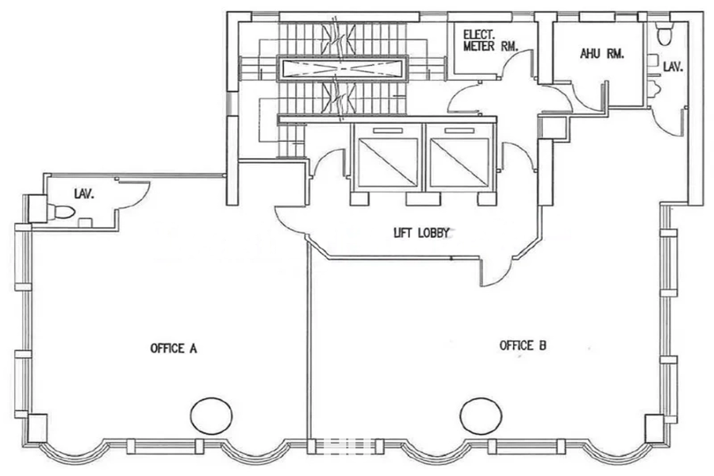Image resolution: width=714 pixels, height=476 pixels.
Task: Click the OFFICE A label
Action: pyautogui.click(x=174, y=348)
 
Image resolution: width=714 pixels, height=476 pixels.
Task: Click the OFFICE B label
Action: pyautogui.click(x=523, y=345)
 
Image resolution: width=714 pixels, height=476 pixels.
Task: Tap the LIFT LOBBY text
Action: pyautogui.click(x=421, y=232)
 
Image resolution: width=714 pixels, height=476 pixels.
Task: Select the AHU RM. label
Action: pyautogui.click(x=601, y=54)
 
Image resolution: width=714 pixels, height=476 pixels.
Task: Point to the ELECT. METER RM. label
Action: pyautogui.click(x=490, y=40)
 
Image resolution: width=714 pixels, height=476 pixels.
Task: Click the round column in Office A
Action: pyautogui.click(x=211, y=416)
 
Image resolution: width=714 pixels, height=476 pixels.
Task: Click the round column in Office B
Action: pyautogui.click(x=481, y=416)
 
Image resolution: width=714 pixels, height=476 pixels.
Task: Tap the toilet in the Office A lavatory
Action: pyautogui.click(x=60, y=212)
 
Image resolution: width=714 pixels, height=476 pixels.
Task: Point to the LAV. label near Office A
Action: pyautogui.click(x=84, y=194)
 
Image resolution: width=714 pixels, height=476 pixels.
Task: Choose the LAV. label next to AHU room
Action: pyautogui.click(x=673, y=67)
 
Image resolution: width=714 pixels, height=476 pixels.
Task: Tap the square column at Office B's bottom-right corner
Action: pyautogui.click(x=654, y=428)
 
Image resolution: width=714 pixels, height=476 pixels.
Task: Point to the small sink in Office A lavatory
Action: pyautogui.click(x=85, y=223)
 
